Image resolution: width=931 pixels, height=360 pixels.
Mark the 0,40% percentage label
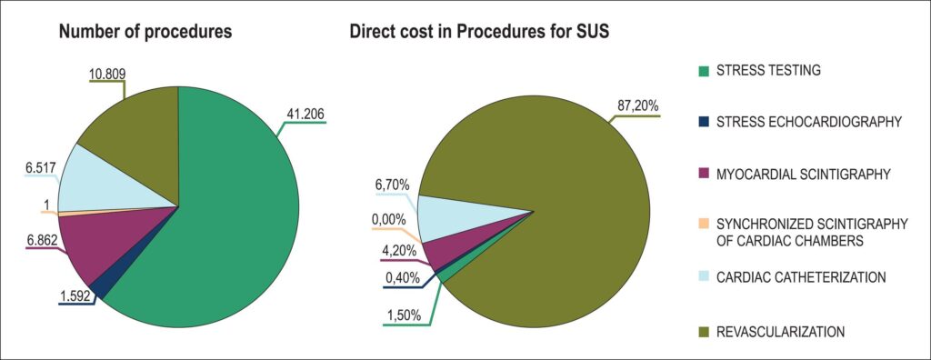401,278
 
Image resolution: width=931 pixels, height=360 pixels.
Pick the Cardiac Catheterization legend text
801,277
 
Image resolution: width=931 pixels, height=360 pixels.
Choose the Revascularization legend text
780,332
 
